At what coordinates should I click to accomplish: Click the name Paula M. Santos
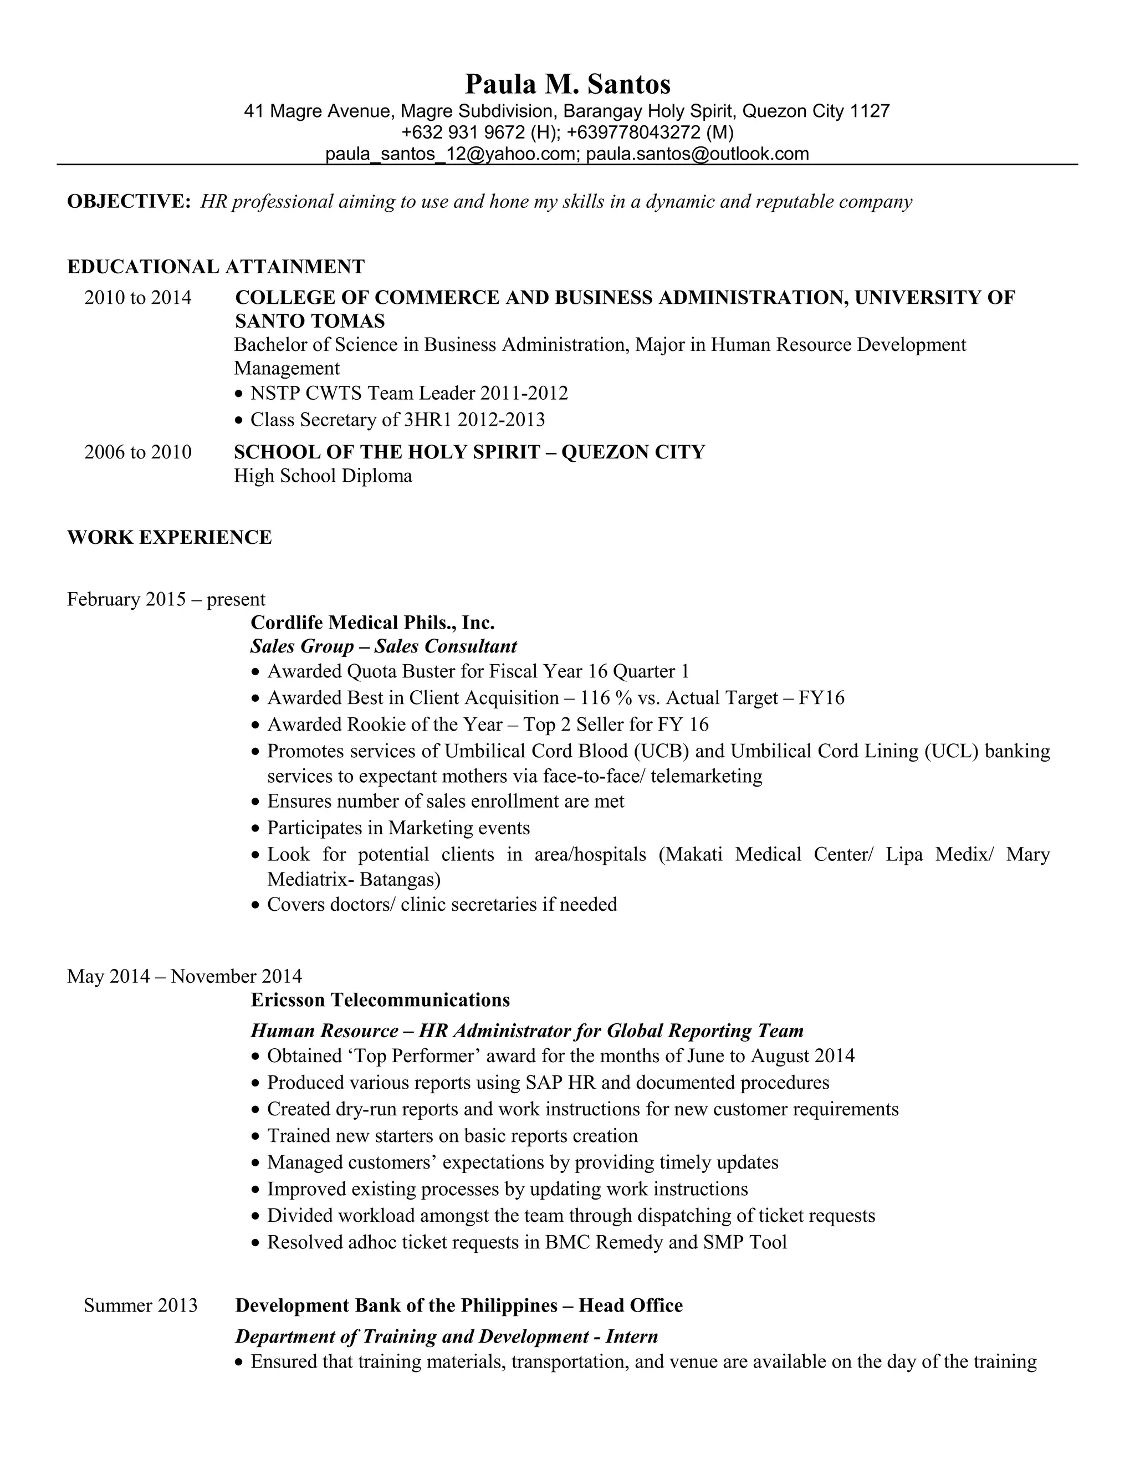(567, 85)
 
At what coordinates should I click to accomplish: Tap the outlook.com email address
(697, 154)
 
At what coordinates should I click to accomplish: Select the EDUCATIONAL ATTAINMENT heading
(216, 267)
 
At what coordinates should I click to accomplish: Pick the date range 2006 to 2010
(138, 451)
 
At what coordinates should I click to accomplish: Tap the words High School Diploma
(323, 476)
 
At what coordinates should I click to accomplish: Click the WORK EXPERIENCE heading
(170, 537)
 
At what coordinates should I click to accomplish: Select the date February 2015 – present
(166, 599)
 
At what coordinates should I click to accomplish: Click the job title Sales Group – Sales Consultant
(384, 646)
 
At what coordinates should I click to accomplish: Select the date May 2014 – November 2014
(184, 976)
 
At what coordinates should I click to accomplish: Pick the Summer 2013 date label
(141, 1305)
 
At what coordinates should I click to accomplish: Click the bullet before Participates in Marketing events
(255, 829)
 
